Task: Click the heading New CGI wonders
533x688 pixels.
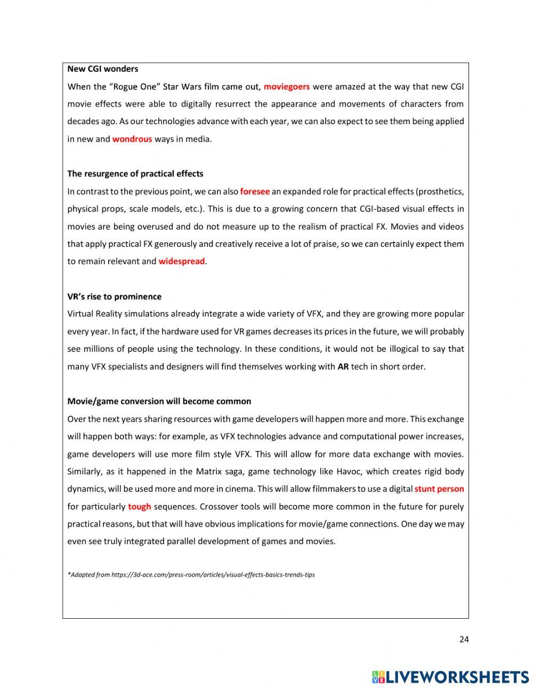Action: [x=102, y=69]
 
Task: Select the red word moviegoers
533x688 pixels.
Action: [x=286, y=86]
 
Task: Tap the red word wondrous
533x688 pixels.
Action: [x=132, y=139]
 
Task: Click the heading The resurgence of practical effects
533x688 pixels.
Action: [x=135, y=174]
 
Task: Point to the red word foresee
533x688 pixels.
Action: [x=254, y=191]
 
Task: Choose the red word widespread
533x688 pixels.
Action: [x=181, y=261]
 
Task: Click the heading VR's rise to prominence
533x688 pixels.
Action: [x=114, y=296]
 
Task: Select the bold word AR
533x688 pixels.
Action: [x=343, y=367]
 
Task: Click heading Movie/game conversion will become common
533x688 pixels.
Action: [x=159, y=401]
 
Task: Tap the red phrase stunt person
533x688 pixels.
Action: [x=439, y=489]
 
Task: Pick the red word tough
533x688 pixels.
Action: [x=139, y=506]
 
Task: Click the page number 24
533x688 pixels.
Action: [x=463, y=640]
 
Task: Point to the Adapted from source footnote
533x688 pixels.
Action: [x=191, y=574]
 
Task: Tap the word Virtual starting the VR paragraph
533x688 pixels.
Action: [x=82, y=314]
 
